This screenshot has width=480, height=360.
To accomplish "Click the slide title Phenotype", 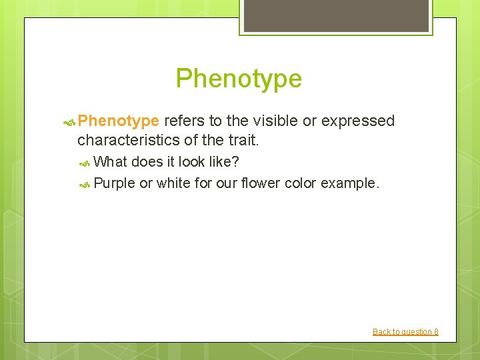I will click(239, 79).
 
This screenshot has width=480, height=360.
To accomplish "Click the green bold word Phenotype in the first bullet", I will click(118, 121).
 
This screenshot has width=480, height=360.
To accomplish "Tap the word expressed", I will click(358, 121).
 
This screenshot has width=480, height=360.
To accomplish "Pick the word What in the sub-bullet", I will click(111, 162).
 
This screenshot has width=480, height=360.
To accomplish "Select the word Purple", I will click(115, 183).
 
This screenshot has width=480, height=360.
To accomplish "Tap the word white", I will click(173, 183).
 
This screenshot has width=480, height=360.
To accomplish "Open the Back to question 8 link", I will click(405, 331).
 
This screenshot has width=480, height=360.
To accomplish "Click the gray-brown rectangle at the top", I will click(335, 15).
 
